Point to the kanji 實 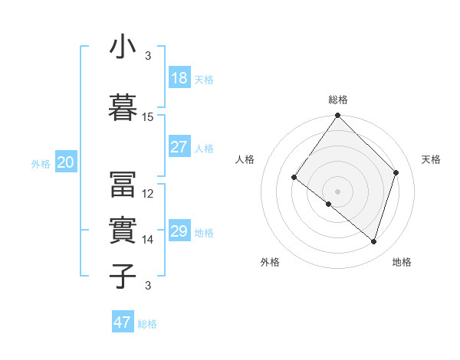pos(123,230)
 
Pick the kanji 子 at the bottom pos(123,276)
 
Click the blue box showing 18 pos(179,78)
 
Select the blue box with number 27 pos(179,147)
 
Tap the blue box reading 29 pos(179,231)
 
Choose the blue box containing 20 pos(66,162)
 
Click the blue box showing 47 pos(123,322)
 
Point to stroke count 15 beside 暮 pos(148,117)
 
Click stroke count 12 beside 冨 pos(148,194)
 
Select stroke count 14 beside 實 pos(148,240)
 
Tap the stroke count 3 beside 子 pos(148,286)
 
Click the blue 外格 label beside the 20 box pos(41,163)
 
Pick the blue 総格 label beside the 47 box pos(148,324)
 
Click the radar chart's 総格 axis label pos(337,100)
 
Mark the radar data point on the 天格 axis pos(396,172)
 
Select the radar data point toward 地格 pos(374,241)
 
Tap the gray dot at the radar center pos(337,191)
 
